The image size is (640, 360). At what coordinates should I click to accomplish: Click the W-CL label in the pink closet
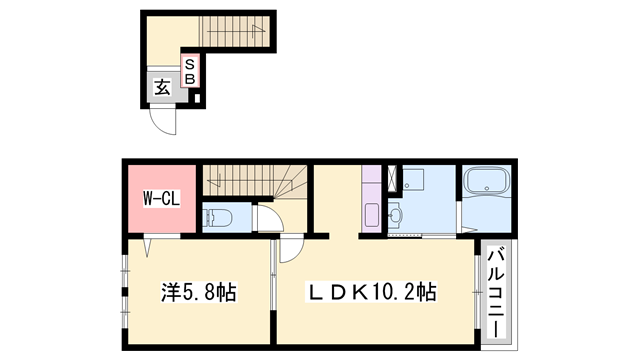(x=158, y=197)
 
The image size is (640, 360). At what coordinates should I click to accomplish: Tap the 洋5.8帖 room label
(x=199, y=293)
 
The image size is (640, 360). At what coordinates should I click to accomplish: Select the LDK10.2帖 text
(x=371, y=293)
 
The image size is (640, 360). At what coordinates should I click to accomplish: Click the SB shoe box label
(x=189, y=72)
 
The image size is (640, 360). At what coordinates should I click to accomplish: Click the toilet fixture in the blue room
(x=219, y=217)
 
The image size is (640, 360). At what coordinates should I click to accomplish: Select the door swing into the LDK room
(x=288, y=250)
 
